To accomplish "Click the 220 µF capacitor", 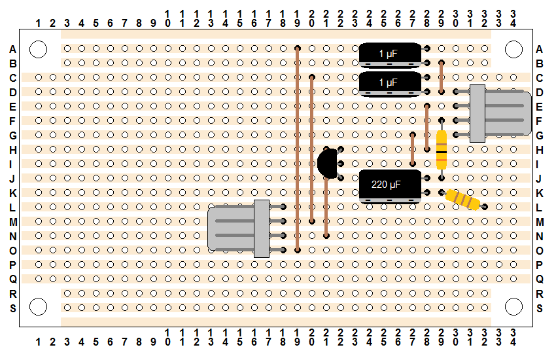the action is (390, 186).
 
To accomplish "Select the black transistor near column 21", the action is (328, 164).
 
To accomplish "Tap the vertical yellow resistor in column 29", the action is (442, 149).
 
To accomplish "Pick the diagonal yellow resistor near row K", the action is (463, 200).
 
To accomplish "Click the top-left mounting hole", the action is (39, 49).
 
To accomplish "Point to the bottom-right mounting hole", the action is (513, 307).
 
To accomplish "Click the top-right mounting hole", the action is (513, 49).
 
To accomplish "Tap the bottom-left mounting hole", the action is (39, 307).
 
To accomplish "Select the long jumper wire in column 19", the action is (298, 149).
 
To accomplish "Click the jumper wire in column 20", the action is (311, 149).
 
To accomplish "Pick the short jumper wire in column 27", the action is (412, 149).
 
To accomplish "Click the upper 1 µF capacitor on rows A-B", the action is (390, 55).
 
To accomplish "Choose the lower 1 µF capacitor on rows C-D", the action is (390, 84).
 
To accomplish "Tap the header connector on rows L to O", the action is (247, 228).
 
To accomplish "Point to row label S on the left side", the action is (13, 308).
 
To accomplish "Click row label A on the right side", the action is (540, 49).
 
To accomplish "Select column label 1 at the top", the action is (39, 24).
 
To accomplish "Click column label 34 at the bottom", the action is (513, 337).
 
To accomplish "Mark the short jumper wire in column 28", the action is (427, 128).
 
